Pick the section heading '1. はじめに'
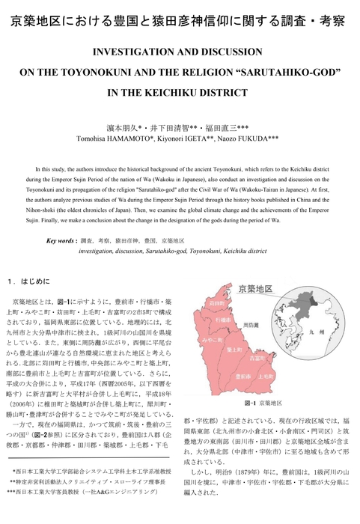coord(32,284)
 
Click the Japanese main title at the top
coord(180,21)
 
